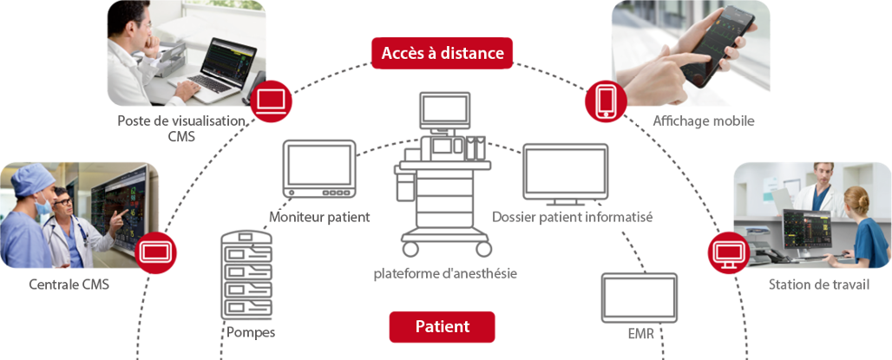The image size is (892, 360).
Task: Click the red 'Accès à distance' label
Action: click(x=442, y=53)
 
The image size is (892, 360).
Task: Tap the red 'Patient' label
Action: click(x=442, y=327)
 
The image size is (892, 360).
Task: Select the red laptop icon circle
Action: click(x=272, y=101)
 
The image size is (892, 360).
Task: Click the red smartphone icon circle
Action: click(x=605, y=101)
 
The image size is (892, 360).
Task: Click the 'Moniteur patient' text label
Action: click(x=320, y=217)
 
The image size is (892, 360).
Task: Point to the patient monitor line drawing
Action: click(x=319, y=171)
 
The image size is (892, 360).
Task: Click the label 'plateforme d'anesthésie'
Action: click(x=445, y=273)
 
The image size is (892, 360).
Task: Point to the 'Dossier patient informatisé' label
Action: click(x=572, y=217)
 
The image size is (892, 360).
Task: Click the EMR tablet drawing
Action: click(x=639, y=297)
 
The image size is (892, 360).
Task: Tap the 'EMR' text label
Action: click(x=640, y=333)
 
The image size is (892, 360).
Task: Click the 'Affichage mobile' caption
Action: click(x=703, y=121)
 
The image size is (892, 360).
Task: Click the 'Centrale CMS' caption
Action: click(x=69, y=284)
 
